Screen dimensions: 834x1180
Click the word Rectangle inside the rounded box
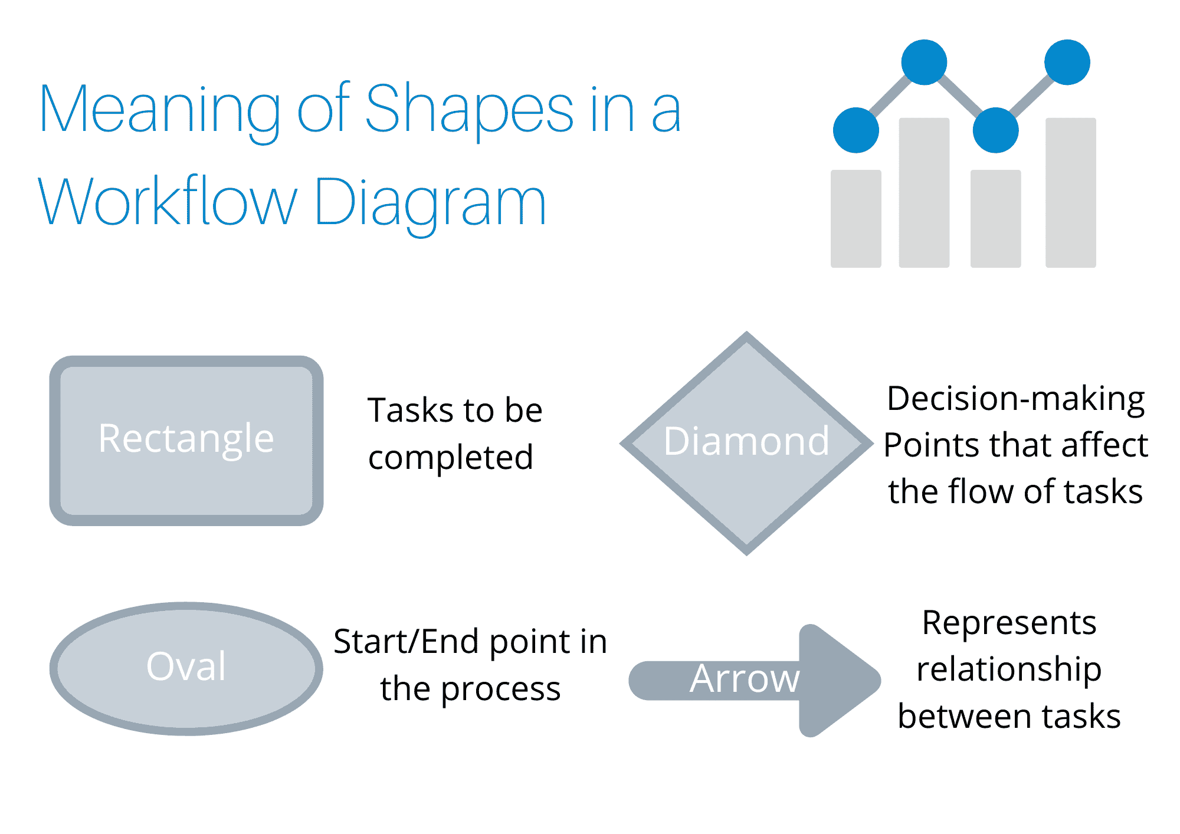[186, 439]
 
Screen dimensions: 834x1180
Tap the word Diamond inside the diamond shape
[746, 441]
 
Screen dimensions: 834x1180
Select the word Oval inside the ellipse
[186, 666]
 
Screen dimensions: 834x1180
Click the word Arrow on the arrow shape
[745, 679]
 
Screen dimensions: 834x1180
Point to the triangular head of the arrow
[838, 681]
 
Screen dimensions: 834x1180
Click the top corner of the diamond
[747, 336]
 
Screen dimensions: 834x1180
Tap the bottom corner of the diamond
[747, 551]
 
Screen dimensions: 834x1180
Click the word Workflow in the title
[168, 202]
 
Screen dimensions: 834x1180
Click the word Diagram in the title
[431, 203]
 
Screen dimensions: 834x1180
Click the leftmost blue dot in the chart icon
[855, 130]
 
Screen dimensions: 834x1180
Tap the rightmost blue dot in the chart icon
[1067, 63]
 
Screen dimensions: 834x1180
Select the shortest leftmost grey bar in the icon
[855, 219]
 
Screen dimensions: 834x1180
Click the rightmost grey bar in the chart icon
[1070, 193]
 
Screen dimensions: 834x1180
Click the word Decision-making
[1015, 399]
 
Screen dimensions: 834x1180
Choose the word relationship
[1009, 669]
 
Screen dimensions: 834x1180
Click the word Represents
[1009, 623]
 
